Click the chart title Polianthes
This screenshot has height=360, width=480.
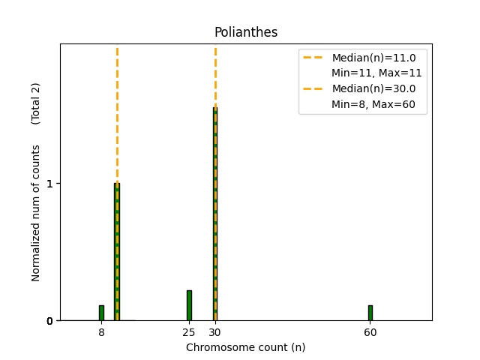(x=245, y=32)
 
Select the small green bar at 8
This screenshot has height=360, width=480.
(x=101, y=313)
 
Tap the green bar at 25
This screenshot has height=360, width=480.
(x=189, y=305)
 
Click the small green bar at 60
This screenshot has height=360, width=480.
(x=370, y=313)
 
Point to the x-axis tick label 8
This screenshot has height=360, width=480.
(x=101, y=331)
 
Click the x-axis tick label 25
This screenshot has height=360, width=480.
(x=189, y=331)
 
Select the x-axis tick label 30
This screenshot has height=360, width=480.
(x=215, y=331)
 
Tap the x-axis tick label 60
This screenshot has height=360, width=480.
(x=370, y=331)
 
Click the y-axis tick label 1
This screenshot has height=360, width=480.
(x=50, y=184)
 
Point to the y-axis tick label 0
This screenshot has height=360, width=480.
(x=50, y=321)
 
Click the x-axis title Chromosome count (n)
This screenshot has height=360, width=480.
(x=245, y=347)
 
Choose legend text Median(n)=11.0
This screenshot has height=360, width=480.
(x=373, y=57)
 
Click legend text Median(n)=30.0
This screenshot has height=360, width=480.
(x=373, y=88)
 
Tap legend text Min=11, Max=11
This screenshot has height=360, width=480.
(x=376, y=73)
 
